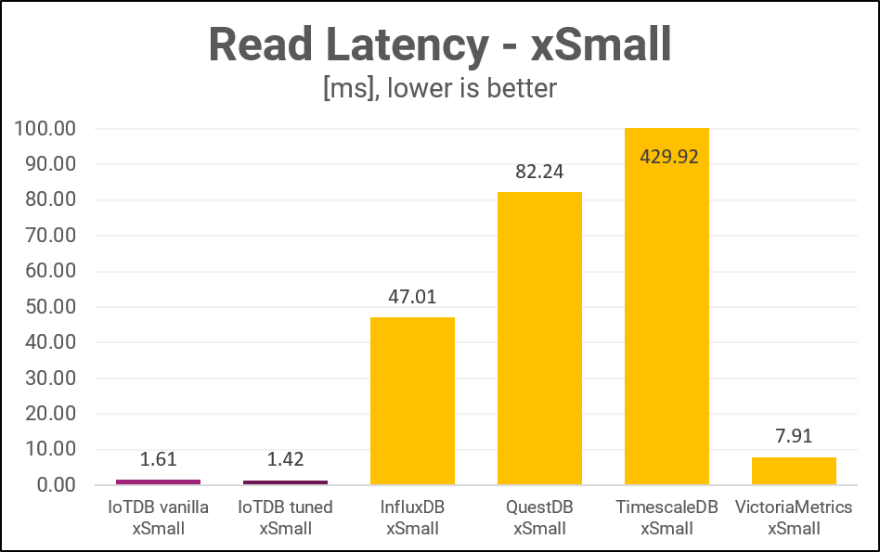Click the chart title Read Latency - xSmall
439,45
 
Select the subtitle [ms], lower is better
439,88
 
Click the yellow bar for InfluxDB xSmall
412,401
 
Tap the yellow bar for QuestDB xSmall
539,339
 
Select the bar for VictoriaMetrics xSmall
794,471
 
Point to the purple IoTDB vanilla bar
158,481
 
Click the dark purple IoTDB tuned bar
285,482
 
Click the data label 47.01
412,297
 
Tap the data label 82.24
539,172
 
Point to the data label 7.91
794,437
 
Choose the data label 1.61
158,459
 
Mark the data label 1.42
285,459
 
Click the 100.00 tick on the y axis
45,129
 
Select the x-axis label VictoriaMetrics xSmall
794,518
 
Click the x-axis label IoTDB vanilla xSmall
158,518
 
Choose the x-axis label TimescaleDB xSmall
666,518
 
